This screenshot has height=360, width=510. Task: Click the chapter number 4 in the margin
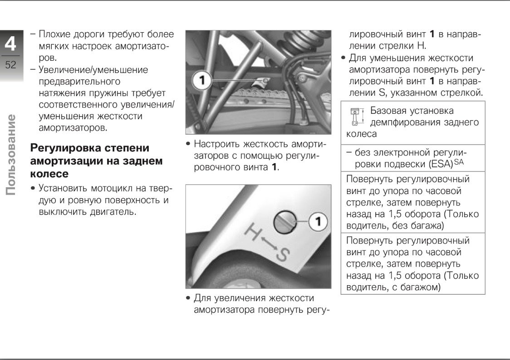[10, 44]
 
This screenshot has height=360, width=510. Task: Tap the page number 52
[10, 65]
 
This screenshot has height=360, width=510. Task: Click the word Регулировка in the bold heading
[64, 148]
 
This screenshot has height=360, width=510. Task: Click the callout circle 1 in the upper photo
[202, 81]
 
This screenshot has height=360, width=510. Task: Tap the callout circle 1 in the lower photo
[319, 222]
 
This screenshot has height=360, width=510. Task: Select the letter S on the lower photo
[282, 256]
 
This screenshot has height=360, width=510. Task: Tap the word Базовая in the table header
[388, 111]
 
